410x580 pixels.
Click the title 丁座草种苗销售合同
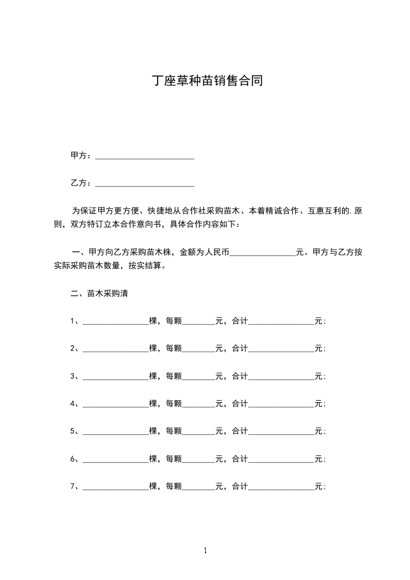click(207, 81)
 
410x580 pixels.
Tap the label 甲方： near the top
click(81, 156)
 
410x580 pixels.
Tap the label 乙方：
click(81, 183)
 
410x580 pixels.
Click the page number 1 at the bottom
click(205, 551)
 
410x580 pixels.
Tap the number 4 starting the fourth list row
click(72, 404)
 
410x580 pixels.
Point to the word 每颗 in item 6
click(174, 459)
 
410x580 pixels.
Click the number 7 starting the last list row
click(72, 486)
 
